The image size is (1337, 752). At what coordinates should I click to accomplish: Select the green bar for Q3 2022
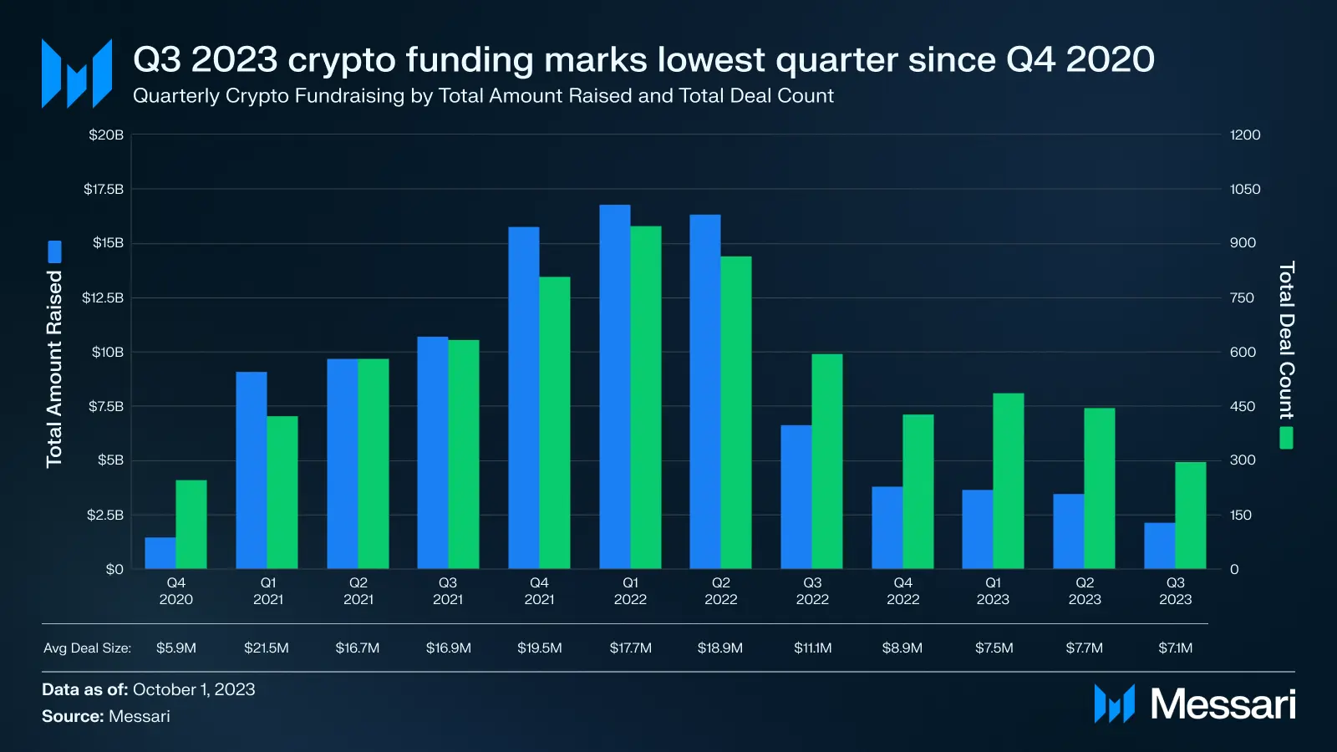[x=827, y=461]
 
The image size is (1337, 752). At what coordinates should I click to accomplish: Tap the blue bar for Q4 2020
[x=160, y=553]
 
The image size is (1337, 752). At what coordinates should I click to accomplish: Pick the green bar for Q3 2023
[x=1191, y=516]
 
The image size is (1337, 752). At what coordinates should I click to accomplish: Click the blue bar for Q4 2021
[x=524, y=398]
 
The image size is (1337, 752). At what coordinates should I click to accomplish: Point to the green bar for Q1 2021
[x=282, y=492]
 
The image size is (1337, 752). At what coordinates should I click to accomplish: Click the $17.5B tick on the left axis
[x=104, y=189]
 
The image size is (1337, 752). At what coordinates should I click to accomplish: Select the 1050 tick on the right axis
[x=1244, y=189]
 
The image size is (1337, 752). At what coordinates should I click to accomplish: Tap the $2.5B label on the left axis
[x=105, y=515]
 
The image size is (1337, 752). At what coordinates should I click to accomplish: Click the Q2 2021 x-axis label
[x=358, y=591]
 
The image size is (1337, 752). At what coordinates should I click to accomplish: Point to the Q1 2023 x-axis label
[x=993, y=591]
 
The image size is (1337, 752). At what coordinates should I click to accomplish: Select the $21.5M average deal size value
[x=267, y=648]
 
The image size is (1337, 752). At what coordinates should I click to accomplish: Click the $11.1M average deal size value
[x=812, y=648]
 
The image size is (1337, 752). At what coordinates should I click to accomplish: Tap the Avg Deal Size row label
[x=87, y=648]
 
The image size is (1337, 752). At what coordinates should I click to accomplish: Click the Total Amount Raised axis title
[x=54, y=368]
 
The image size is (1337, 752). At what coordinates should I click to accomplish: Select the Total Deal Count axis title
[x=1286, y=340]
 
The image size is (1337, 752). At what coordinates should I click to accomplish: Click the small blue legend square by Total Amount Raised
[x=54, y=252]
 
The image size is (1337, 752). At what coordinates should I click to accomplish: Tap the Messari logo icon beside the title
[x=77, y=74]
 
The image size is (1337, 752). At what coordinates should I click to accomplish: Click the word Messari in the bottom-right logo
[x=1223, y=704]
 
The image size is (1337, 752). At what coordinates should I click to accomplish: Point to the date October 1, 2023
[x=194, y=689]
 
